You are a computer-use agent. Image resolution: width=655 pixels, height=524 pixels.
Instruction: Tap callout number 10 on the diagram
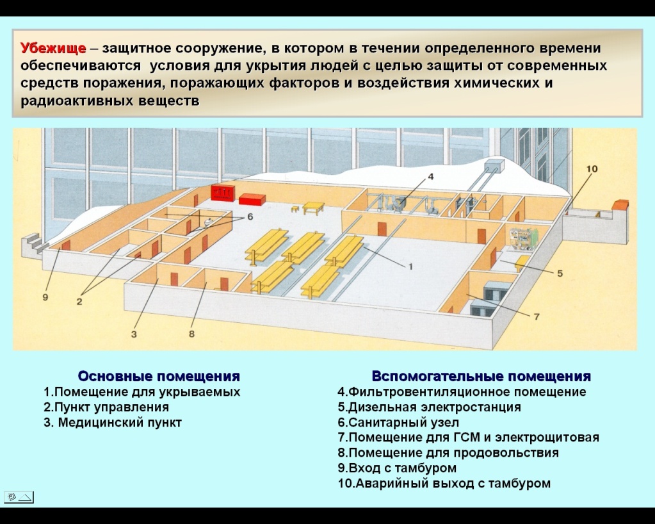click(592, 168)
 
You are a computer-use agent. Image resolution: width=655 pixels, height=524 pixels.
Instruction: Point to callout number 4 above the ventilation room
click(430, 176)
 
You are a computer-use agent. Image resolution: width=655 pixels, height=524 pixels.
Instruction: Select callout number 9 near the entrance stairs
click(45, 297)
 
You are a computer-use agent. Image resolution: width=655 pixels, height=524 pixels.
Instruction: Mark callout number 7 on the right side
click(537, 316)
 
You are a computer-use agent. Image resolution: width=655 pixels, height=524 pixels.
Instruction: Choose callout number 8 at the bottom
click(191, 333)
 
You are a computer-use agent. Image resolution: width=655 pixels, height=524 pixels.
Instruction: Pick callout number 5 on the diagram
click(560, 273)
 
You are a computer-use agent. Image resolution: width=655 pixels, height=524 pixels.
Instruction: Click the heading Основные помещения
click(159, 376)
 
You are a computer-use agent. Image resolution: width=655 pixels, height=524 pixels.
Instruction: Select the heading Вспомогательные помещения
click(481, 376)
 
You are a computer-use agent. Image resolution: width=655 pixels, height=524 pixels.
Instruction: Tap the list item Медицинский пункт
click(113, 423)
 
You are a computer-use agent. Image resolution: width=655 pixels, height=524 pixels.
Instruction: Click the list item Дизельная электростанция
click(429, 407)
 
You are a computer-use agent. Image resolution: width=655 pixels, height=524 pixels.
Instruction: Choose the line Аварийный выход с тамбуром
click(444, 484)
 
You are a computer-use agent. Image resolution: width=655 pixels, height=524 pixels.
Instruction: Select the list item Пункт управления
click(106, 407)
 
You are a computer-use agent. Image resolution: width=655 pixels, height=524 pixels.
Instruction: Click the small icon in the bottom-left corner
click(19, 496)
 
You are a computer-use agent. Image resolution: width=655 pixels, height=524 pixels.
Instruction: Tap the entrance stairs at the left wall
click(34, 244)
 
